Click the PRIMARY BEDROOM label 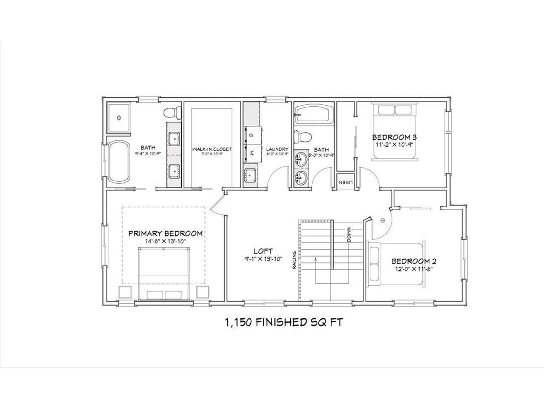(x=165, y=233)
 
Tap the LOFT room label (x=263, y=251)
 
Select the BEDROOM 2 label (x=414, y=261)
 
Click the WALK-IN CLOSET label (x=211, y=149)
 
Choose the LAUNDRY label (x=277, y=149)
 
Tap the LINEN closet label (x=344, y=182)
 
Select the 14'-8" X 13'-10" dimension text (x=165, y=242)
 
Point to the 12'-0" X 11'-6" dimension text (x=414, y=269)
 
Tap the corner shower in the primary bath (x=120, y=118)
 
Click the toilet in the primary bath (x=171, y=113)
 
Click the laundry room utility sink (x=250, y=174)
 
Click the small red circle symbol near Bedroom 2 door (x=382, y=219)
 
